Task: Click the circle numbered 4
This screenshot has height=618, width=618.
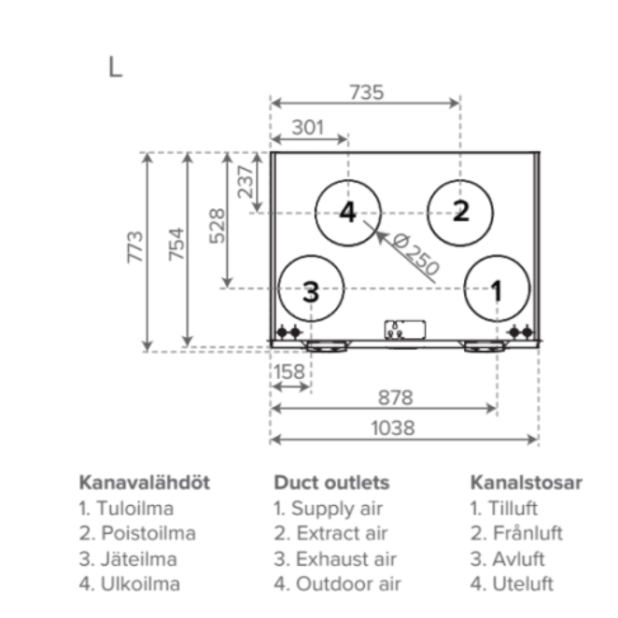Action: pos(347,212)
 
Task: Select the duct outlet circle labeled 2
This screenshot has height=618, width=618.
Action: pos(460,211)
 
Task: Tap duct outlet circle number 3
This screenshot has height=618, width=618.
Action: pos(311,290)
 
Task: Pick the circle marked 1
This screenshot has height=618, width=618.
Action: pos(496,289)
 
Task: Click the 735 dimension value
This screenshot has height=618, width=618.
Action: pos(366,92)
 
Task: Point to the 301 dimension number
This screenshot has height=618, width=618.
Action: pos(308,127)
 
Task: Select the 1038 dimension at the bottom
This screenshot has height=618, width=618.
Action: pos(394,428)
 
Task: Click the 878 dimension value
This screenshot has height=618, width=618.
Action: pos(394,397)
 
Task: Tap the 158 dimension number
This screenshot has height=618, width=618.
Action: pos(288,372)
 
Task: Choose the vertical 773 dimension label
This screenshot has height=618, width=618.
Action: pos(136,246)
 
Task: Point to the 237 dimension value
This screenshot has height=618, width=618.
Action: pos(246,179)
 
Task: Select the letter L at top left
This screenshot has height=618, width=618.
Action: pos(115,67)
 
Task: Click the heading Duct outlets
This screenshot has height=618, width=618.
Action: pos(330,483)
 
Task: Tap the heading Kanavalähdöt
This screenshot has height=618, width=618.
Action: pos(144,483)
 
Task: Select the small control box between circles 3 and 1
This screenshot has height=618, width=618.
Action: pos(403,329)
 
